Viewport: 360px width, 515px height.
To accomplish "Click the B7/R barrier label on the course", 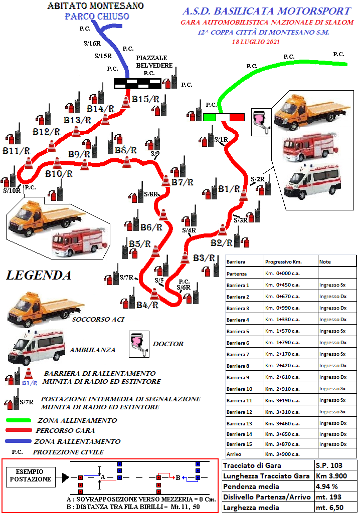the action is pos(183,182).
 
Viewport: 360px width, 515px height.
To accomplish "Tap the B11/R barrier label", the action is pos(16,151).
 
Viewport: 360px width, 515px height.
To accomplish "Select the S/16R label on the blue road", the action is pos(92,44).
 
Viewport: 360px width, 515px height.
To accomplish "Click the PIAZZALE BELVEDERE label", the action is pos(154,62).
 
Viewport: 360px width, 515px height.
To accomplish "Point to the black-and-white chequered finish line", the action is pos(137,84).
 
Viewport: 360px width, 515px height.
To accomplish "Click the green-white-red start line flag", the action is pos(224,117).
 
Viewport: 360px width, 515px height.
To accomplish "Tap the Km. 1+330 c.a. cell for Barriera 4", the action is pos(282,319).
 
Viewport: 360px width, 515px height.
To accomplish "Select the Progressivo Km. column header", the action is pos(283,262).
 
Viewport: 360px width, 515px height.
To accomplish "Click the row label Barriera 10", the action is pos(239,389).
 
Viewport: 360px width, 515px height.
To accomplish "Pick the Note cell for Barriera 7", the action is pos(333,354).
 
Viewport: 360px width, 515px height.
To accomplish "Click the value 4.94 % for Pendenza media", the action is pos(327,486).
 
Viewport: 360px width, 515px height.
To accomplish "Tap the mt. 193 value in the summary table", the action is pos(329,497).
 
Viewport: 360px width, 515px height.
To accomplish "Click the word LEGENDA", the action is pos(39,275).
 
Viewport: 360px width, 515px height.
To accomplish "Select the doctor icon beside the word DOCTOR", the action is pos(139,344).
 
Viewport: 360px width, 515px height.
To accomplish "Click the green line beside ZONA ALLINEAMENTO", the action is pos(19,420).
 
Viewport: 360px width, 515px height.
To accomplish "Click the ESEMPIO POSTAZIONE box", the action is pos(31,475).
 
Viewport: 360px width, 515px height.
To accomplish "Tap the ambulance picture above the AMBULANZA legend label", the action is pos(37,348).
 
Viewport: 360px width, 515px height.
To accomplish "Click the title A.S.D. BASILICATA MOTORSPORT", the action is pos(267,11).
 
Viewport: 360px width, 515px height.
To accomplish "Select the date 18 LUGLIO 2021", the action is pos(256,42).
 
